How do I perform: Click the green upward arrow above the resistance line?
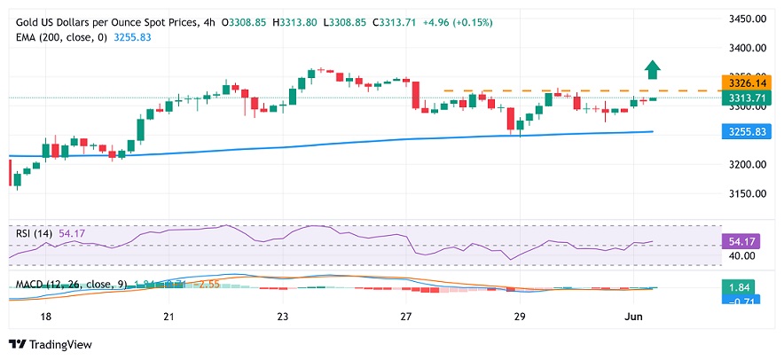click(x=653, y=69)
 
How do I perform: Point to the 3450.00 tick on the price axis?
click(x=747, y=19)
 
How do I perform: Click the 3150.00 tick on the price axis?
click(x=747, y=193)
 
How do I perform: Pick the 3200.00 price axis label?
click(x=747, y=165)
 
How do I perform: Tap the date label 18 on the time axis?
click(x=46, y=317)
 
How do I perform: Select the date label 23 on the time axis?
click(x=282, y=317)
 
